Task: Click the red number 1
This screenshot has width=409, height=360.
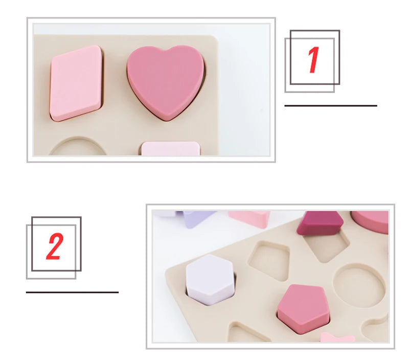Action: click(313, 60)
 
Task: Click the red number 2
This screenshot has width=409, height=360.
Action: click(54, 247)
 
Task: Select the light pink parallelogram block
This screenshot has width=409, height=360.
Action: click(77, 83)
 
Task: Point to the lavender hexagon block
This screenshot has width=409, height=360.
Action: click(210, 279)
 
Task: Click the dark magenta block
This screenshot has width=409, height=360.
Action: click(320, 223)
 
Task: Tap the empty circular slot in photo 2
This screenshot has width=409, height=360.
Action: click(359, 286)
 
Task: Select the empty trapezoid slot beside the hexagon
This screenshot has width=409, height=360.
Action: click(269, 260)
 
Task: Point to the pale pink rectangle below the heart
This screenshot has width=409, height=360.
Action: click(170, 149)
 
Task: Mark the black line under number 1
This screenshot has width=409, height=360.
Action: click(330, 106)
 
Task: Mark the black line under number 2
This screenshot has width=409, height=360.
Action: click(72, 292)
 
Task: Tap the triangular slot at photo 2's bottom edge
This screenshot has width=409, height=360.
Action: click(248, 333)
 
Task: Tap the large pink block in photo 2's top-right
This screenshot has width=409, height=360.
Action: click(371, 221)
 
